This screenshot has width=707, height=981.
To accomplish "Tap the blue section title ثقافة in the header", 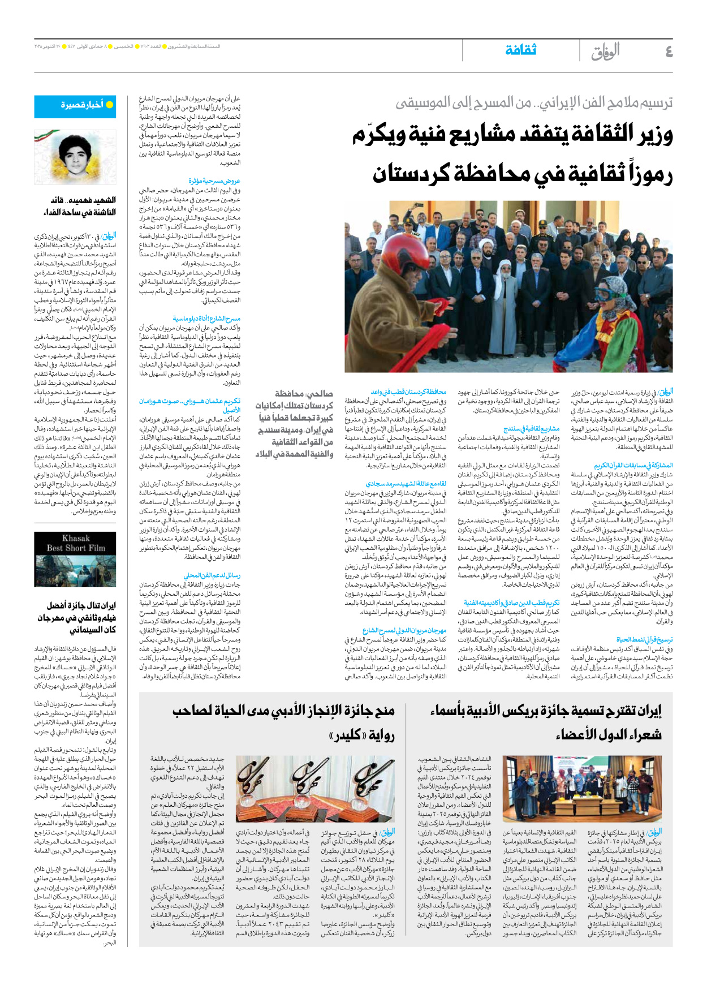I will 520,50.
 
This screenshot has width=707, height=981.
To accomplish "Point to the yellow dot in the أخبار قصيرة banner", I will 110,105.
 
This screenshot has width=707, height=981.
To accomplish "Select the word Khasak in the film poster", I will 76,538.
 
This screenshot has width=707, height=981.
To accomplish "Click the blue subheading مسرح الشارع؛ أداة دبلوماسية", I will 206,319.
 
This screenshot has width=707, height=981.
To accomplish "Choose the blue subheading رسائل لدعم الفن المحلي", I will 212,575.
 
